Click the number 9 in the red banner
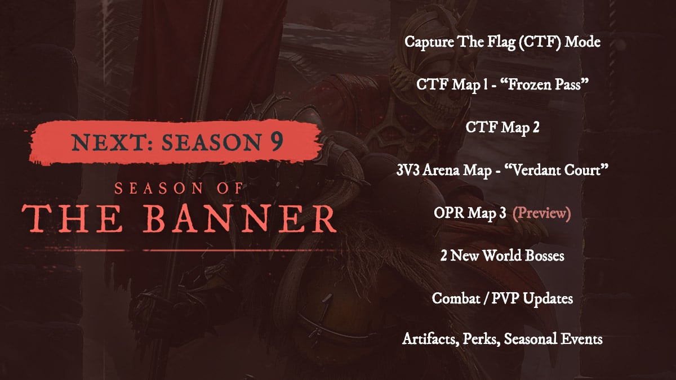tap(277, 141)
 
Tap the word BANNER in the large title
tap(240, 218)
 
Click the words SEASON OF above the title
tap(179, 189)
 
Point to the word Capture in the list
tap(430, 42)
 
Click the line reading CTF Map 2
tap(502, 127)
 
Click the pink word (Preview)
tap(542, 213)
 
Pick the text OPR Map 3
tap(470, 213)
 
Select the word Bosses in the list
tap(544, 256)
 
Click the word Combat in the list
tap(456, 298)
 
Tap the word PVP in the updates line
tap(505, 298)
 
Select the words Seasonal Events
tap(553, 339)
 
